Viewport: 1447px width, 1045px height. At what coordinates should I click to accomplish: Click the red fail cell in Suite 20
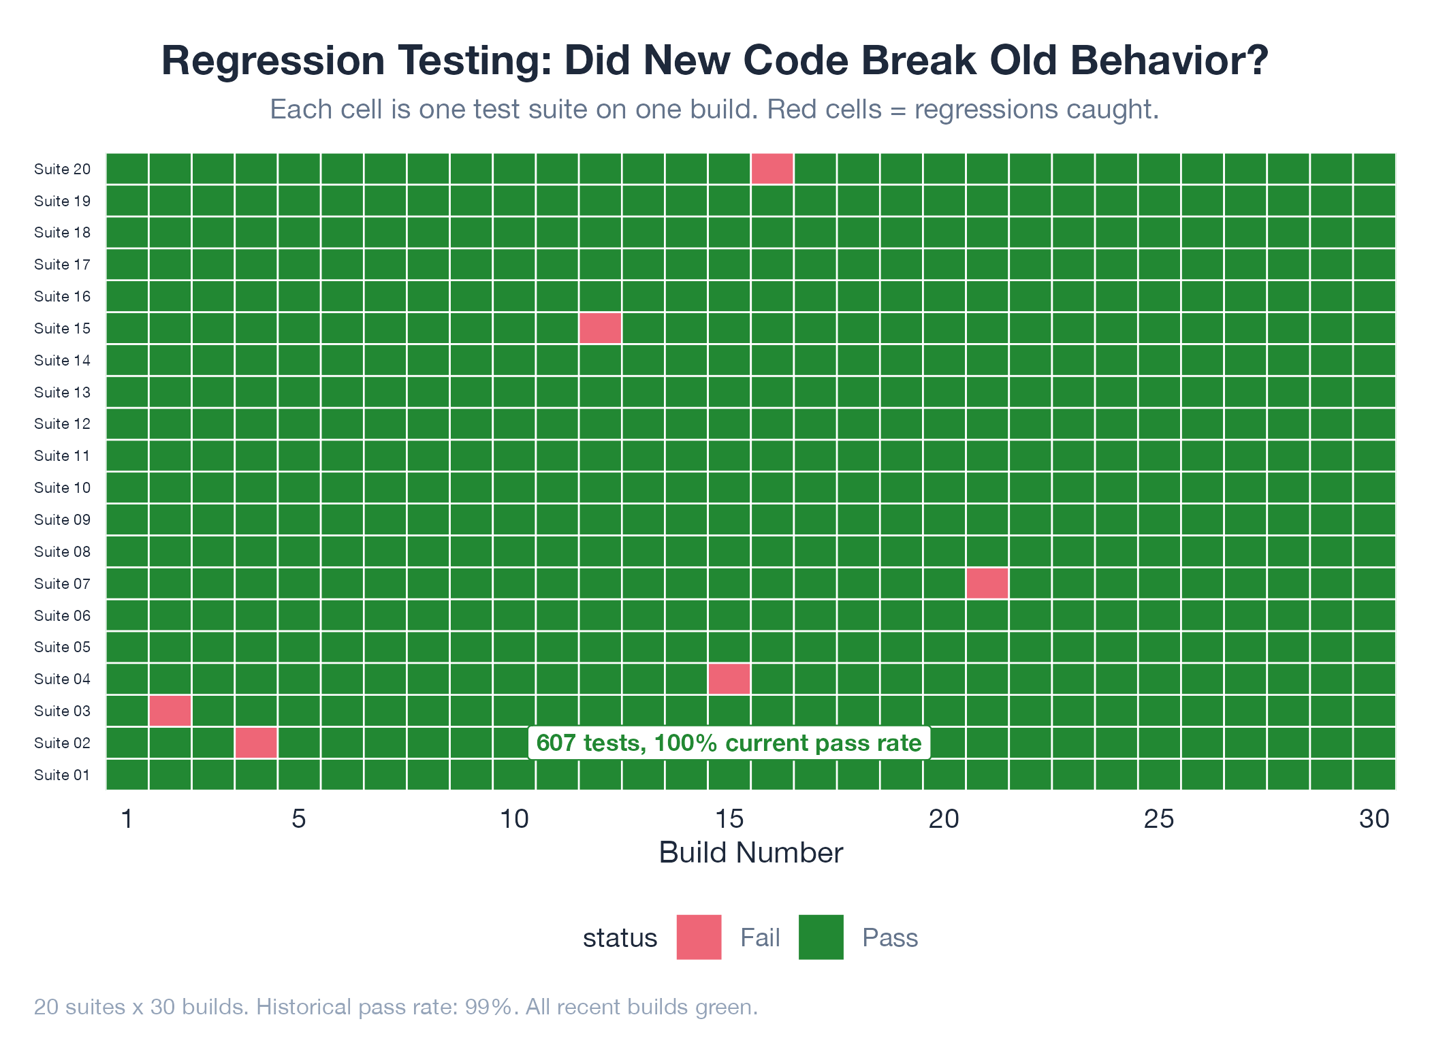[x=772, y=169]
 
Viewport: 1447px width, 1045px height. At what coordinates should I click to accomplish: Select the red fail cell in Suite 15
[x=600, y=328]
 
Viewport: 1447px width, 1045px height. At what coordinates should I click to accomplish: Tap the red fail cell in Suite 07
[x=987, y=583]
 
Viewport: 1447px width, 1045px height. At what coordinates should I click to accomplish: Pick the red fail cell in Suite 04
[x=729, y=679]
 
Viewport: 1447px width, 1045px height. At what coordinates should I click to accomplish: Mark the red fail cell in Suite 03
[x=170, y=711]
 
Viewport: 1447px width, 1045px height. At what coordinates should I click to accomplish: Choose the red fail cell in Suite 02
[x=256, y=743]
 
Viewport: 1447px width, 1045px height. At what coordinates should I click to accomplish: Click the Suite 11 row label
[x=62, y=455]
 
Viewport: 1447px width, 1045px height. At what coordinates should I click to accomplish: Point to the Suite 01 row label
[x=62, y=775]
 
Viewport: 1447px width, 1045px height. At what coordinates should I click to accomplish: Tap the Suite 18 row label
[x=62, y=232]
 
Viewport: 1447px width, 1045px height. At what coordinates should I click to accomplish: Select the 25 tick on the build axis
[x=1159, y=819]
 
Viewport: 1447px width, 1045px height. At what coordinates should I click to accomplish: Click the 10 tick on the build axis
[x=514, y=819]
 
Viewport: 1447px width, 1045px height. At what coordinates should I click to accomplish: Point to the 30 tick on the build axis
[x=1374, y=819]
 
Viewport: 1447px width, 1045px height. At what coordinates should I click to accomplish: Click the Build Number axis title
[x=751, y=853]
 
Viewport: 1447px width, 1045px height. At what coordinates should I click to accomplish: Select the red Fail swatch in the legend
[x=699, y=937]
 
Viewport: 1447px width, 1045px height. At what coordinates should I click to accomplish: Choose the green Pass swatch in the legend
[x=821, y=937]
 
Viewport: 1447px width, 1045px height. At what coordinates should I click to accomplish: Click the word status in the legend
[x=620, y=938]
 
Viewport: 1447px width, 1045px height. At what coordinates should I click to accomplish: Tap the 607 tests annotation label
[x=729, y=743]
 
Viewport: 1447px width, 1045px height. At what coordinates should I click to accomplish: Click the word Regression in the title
[x=273, y=61]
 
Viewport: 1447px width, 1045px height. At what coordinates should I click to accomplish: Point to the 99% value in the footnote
[x=488, y=1007]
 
